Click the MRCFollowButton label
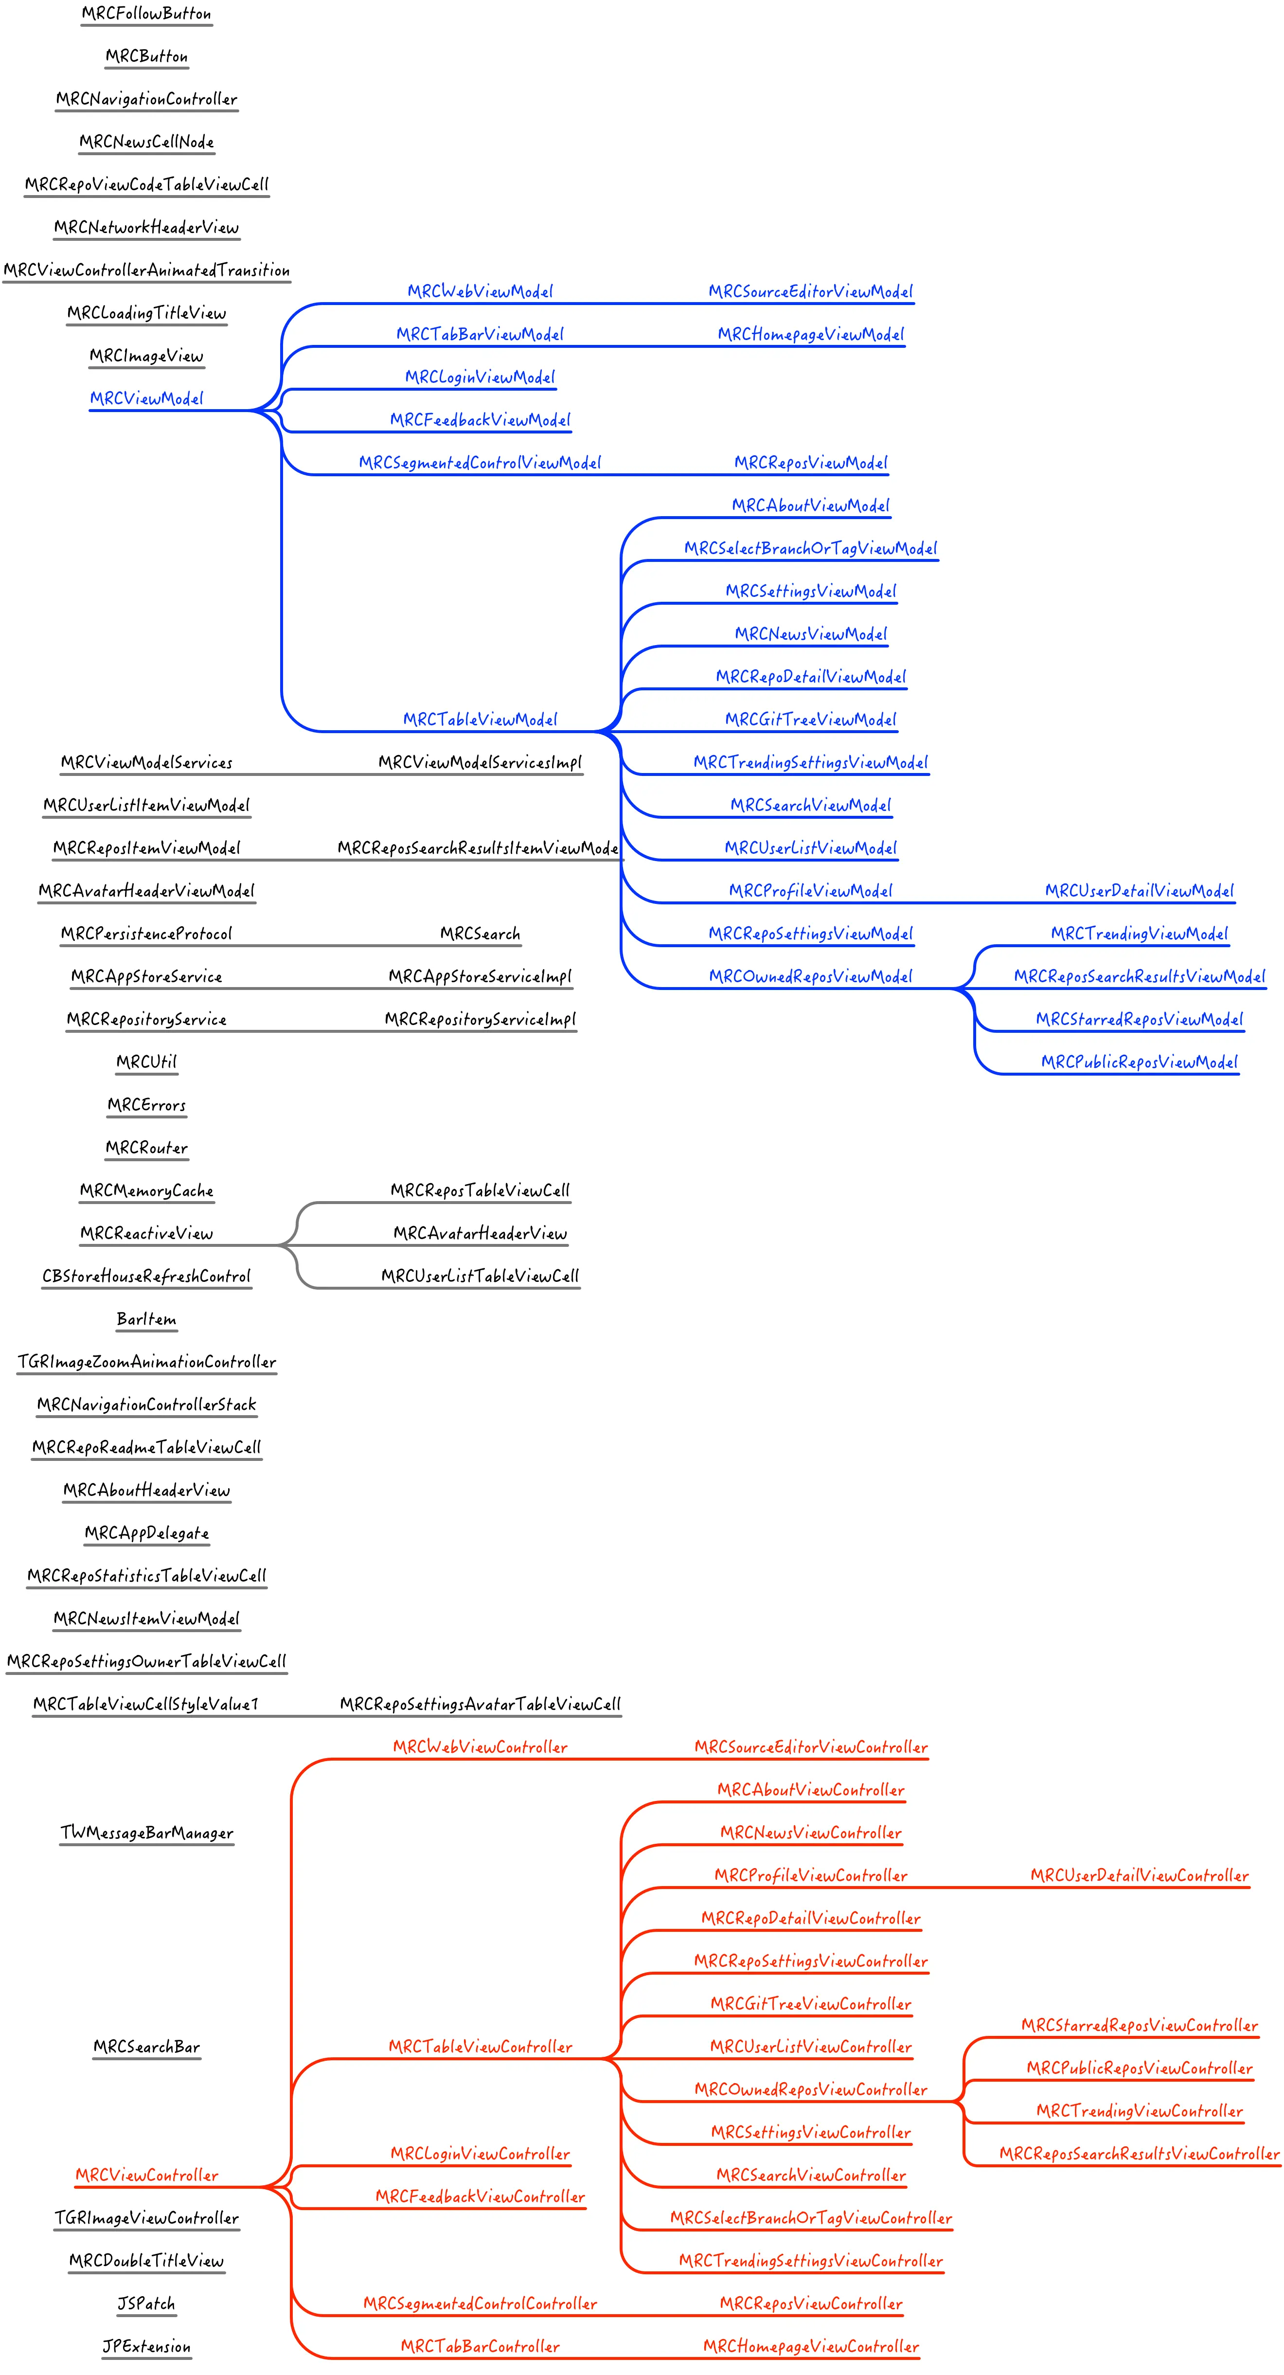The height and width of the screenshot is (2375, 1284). [146, 14]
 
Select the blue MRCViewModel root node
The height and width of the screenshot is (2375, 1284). [146, 398]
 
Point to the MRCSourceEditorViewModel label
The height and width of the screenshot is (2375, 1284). [810, 291]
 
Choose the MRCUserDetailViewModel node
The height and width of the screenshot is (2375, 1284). [1139, 891]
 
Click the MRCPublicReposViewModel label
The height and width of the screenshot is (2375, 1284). [1139, 1062]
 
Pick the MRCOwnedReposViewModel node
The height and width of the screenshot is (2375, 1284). [810, 976]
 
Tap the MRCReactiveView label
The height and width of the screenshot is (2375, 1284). [146, 1234]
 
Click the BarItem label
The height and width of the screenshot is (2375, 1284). [146, 1319]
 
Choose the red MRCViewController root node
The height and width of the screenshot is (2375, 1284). [146, 2175]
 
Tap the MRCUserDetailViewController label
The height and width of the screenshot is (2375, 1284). [1139, 1875]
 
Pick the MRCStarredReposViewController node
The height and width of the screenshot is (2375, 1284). [1139, 2026]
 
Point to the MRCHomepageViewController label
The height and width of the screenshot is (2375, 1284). [810, 2346]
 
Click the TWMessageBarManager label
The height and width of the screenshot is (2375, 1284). [146, 1833]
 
